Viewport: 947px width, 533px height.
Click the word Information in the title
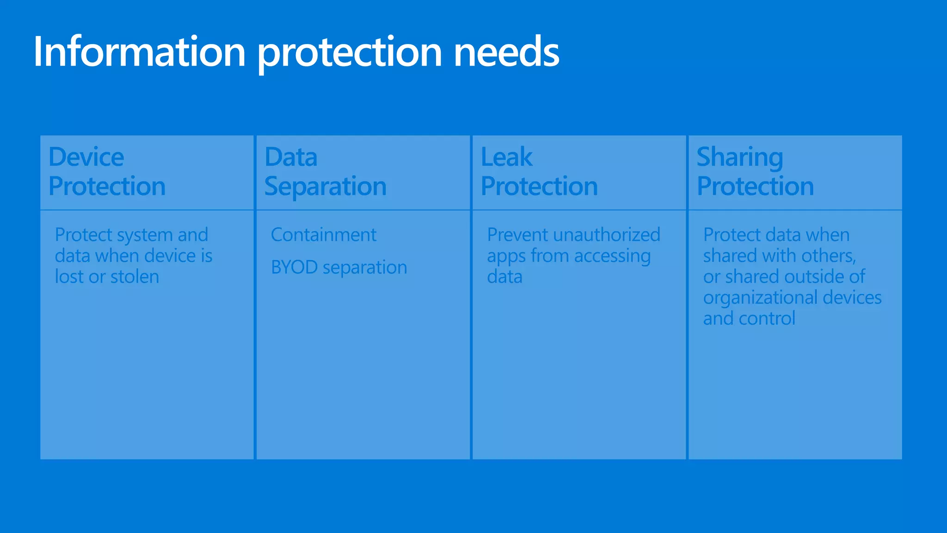point(139,52)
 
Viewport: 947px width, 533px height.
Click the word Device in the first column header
point(86,157)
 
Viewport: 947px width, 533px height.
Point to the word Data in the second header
point(291,157)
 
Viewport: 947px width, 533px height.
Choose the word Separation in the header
point(325,186)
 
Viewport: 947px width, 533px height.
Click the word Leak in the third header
point(506,157)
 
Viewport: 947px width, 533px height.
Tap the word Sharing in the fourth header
point(740,158)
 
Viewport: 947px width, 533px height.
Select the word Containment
point(323,235)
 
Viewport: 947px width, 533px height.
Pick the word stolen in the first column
point(135,277)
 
